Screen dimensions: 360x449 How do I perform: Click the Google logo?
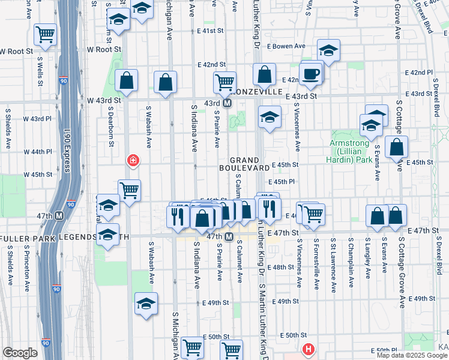pos(19,353)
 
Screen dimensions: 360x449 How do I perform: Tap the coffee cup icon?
pos(311,74)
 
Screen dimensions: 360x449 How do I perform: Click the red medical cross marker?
pos(133,161)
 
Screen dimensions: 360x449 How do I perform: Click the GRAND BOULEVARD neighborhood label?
pos(243,164)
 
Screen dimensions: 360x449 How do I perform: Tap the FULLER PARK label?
pos(27,238)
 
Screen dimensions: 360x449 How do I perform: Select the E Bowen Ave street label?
pos(286,46)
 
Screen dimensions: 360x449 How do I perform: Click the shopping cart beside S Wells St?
pos(45,35)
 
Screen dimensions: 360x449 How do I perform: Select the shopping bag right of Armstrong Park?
pos(397,146)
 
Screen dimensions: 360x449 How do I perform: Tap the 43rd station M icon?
pos(228,103)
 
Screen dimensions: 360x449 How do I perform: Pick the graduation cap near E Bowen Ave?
pos(328,50)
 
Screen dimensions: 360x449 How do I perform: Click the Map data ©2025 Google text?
pos(411,355)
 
